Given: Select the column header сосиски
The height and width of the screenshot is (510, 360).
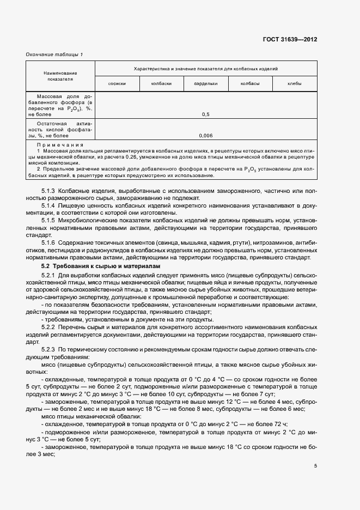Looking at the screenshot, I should coord(117,83).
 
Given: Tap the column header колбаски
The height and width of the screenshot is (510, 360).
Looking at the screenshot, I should coord(162,83).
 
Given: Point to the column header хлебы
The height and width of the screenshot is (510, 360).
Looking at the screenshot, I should coord(295,83).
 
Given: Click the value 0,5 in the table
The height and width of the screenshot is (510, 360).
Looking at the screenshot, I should coord(206,115).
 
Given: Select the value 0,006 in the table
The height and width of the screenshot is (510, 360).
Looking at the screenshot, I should coord(206,135).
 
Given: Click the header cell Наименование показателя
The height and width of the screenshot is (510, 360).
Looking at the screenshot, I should coord(60,76).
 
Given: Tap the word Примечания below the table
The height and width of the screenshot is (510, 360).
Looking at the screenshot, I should coord(60,145).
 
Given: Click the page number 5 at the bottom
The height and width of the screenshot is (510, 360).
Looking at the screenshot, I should coord(315,466).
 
